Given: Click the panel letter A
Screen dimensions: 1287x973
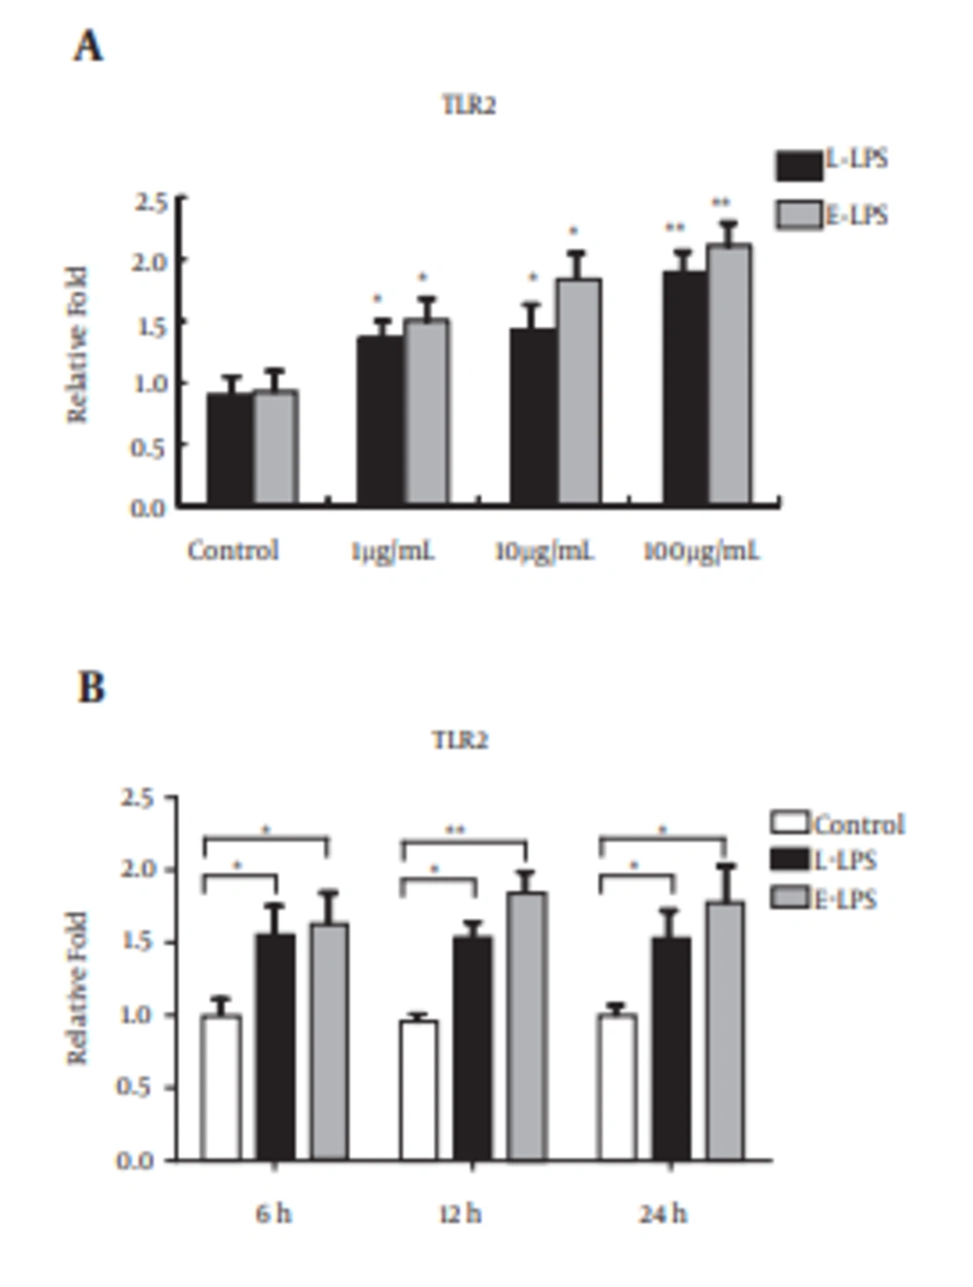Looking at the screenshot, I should point(88,46).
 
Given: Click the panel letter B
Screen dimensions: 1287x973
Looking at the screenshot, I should point(90,687).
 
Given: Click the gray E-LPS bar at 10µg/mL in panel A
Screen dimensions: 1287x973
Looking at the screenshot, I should point(578,391).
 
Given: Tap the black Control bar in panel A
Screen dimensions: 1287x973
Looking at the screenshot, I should point(230,449).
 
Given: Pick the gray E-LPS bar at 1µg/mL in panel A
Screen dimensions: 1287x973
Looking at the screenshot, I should point(426,411).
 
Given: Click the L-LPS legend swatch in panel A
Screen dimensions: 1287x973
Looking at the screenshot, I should point(799,165).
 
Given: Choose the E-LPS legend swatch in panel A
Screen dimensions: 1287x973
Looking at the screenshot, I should point(799,214).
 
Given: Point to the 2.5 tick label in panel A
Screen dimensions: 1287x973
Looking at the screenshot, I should point(150,202).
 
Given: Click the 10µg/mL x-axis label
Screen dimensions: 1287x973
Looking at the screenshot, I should point(543,552).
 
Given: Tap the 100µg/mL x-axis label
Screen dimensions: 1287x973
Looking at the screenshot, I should point(701,552).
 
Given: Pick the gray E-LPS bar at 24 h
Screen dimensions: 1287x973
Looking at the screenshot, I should point(725,1031).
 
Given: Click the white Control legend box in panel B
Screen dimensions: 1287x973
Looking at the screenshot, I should point(789,823).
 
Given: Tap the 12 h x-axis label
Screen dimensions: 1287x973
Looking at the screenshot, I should point(459,1214).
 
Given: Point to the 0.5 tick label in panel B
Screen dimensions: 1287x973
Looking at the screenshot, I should point(135,1087).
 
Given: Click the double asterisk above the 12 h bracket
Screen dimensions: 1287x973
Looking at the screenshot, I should point(455,830).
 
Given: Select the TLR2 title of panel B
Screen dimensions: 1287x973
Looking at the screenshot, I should point(459,741).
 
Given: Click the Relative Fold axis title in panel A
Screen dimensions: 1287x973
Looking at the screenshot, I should point(78,345).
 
